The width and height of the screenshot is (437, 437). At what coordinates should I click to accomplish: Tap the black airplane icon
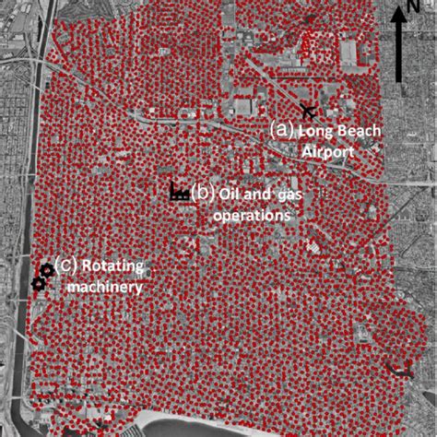306,112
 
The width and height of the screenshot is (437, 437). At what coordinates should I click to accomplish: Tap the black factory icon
180,192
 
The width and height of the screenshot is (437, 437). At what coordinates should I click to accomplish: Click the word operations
252,214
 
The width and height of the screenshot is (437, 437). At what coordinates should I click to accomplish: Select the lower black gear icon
37,285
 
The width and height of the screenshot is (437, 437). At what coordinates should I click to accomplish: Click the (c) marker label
65,266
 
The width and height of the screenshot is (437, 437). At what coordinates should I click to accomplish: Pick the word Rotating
112,267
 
